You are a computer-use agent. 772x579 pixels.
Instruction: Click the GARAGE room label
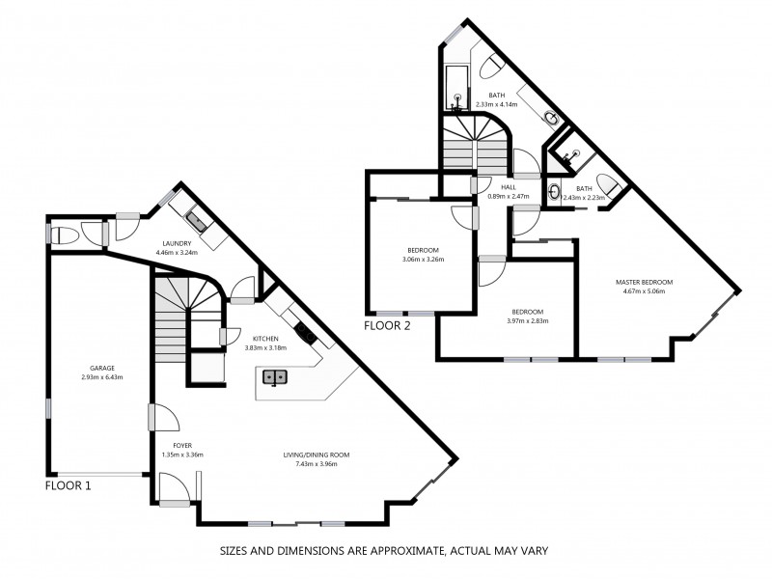point(102,368)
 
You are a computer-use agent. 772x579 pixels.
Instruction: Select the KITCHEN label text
point(265,339)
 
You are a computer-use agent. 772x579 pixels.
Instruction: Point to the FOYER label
point(168,445)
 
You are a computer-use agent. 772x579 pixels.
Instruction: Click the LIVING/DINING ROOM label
point(316,455)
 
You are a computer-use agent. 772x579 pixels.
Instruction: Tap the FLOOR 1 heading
point(69,486)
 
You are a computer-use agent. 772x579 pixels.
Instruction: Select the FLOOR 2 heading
point(387,326)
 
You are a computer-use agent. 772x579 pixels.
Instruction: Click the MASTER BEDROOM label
point(644,283)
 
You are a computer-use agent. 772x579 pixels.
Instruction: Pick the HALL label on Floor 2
point(509,187)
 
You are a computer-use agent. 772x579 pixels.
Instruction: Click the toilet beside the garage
point(65,234)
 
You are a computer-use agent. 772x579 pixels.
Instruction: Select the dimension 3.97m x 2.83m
point(527,321)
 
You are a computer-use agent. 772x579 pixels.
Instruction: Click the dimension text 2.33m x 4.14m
point(497,104)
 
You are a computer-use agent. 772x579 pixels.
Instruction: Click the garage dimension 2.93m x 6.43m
point(102,377)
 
